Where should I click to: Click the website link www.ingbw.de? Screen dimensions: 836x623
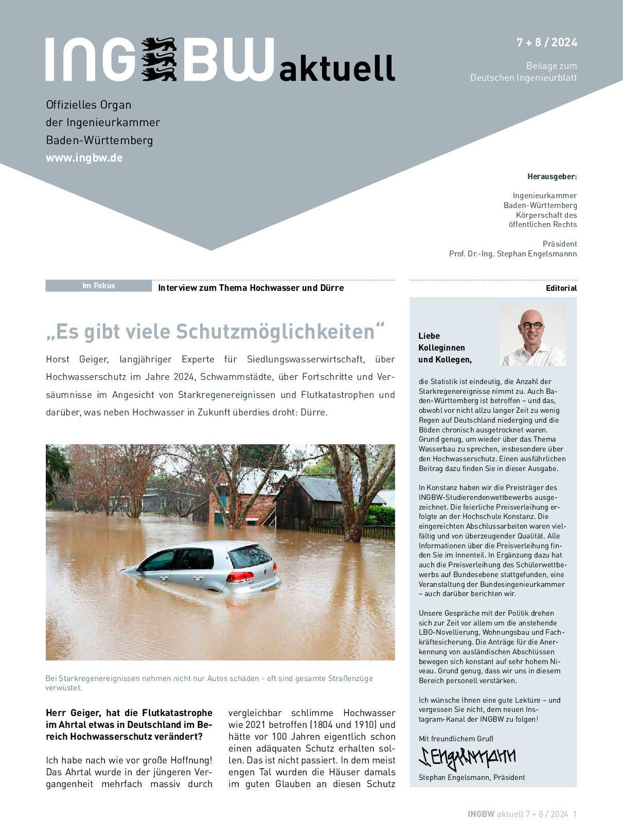[84, 158]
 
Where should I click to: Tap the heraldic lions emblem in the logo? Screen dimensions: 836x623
[159, 59]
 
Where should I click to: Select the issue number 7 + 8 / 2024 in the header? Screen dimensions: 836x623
[546, 43]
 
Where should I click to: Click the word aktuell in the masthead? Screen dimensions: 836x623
[337, 68]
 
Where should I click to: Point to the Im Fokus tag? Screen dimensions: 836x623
[98, 286]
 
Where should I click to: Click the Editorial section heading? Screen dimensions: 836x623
[561, 288]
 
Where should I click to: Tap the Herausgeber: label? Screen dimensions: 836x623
[552, 177]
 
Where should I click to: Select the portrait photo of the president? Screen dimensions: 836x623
[532, 334]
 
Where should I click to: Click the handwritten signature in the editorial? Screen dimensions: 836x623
[468, 757]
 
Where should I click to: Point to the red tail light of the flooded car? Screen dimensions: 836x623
[240, 577]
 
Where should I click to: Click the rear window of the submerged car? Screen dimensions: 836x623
[250, 556]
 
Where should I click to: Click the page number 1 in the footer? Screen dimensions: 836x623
[575, 814]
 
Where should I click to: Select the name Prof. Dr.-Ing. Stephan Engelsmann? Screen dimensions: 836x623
[513, 254]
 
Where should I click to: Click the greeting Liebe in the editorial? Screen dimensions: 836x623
[429, 336]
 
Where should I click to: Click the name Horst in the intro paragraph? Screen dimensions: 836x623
[58, 359]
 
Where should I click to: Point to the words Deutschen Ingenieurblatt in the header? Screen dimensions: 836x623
[523, 78]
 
